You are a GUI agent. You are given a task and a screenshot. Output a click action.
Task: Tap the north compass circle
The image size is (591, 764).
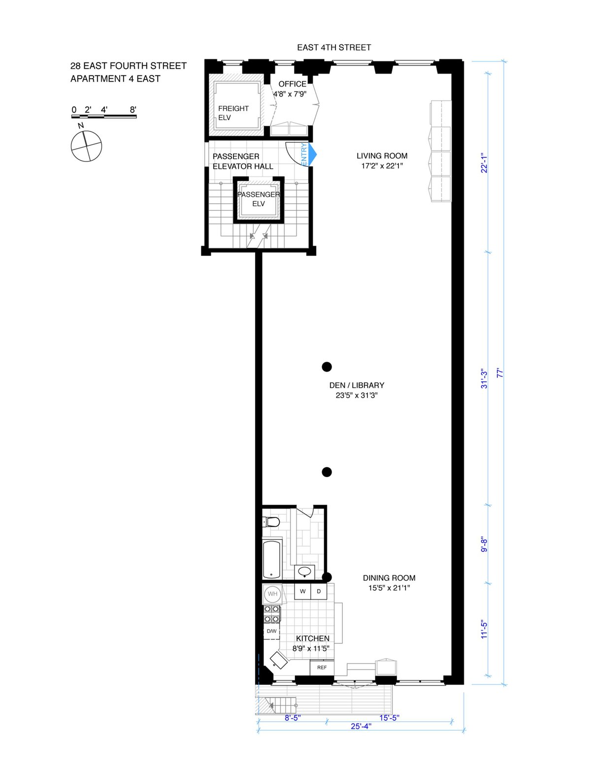tap(87, 146)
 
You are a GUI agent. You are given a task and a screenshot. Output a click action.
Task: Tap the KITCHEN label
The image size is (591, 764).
tap(312, 638)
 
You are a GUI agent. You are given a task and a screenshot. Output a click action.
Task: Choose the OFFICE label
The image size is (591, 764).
tap(292, 84)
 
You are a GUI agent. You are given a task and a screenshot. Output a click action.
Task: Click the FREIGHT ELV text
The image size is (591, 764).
tap(233, 113)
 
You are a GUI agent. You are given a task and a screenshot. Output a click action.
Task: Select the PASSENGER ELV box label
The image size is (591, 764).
tap(259, 199)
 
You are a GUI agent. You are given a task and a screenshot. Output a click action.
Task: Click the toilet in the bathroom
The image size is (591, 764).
tap(272, 521)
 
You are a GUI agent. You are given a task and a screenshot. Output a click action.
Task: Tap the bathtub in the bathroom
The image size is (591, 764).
tap(271, 560)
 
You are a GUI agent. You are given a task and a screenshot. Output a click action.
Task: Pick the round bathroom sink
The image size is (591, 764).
tap(305, 572)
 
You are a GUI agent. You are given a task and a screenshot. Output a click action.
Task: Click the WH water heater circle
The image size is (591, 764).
tap(272, 594)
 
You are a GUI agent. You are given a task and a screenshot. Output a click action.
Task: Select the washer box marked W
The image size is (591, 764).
tap(303, 591)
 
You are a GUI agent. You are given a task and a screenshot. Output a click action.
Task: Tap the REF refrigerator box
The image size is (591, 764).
tap(322, 668)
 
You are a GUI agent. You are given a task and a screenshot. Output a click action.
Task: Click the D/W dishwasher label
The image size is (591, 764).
tap(271, 631)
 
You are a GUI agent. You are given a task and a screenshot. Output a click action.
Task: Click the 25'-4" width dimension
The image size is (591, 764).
tap(361, 726)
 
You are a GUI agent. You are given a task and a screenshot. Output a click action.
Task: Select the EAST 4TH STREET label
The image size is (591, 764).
tap(334, 48)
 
